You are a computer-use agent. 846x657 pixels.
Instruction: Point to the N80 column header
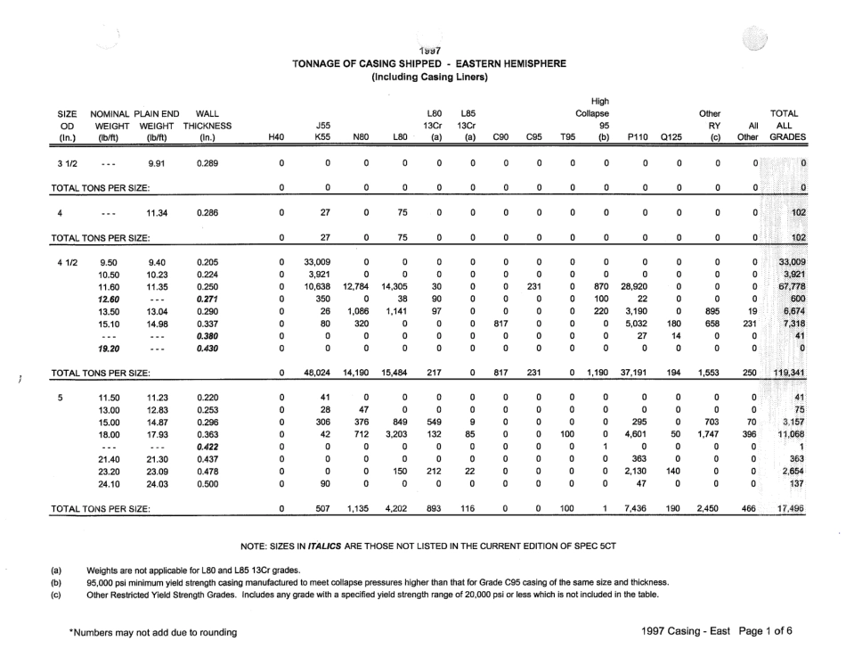pos(361,138)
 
